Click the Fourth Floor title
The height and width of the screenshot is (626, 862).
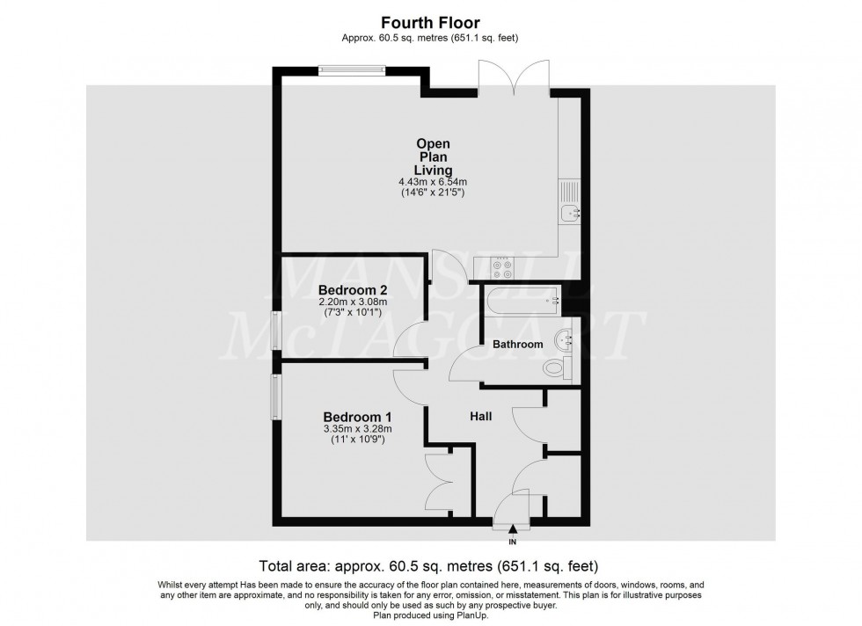pos(430,21)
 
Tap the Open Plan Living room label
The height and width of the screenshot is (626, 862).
pos(433,156)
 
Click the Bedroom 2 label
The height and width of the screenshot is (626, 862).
pos(353,289)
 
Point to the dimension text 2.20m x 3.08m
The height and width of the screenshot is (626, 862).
pos(353,302)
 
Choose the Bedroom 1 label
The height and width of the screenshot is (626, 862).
pos(357,417)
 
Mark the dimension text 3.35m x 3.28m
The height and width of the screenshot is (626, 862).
pos(357,429)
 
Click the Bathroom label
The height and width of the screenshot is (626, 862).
pos(517,344)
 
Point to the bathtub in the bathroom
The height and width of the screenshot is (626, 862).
pos(519,301)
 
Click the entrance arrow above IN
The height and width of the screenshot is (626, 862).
pos(513,529)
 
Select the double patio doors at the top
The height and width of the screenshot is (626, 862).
pos(514,79)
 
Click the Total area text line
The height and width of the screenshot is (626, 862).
pos(430,565)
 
